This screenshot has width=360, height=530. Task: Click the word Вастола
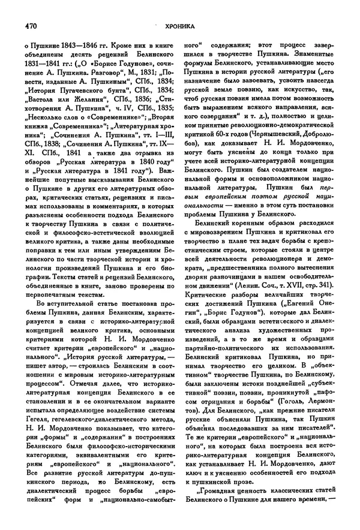tap(42, 103)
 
